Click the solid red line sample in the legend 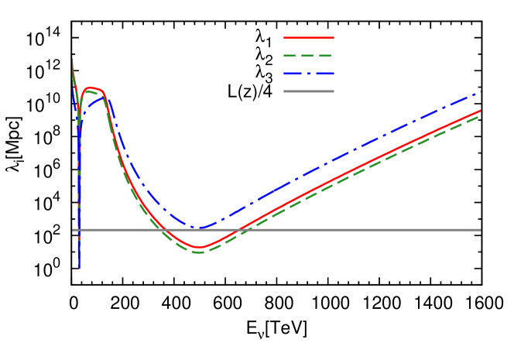coord(309,38)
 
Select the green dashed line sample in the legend coord(309,56)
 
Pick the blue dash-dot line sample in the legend coord(309,74)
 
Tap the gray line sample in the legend coord(309,91)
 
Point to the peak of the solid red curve coord(91,88)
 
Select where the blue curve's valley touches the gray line coord(200,228)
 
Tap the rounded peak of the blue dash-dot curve coord(104,98)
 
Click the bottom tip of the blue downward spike coord(79,269)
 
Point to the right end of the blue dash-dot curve coord(481,92)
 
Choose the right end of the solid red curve coord(481,111)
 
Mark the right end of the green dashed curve coord(481,115)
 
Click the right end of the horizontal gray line coord(481,230)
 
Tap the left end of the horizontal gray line coord(73,230)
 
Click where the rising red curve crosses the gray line coord(241,230)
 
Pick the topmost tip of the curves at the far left coord(73,60)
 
